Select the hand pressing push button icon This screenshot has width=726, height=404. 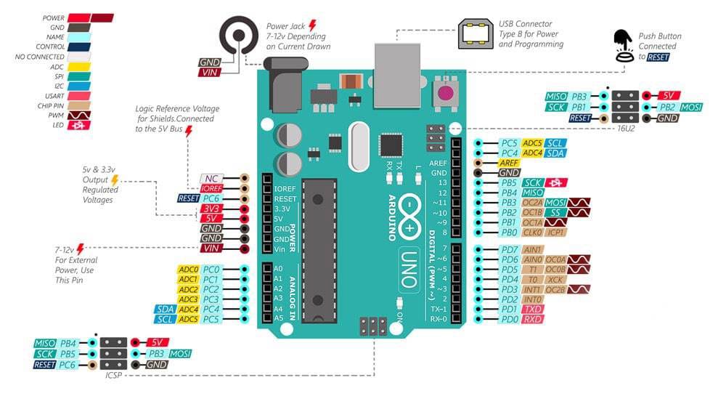[x=623, y=44]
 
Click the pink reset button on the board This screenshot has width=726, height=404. [x=444, y=92]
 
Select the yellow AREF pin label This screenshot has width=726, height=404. [x=509, y=163]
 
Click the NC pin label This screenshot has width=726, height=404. [x=210, y=177]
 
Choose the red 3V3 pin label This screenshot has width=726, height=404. [x=210, y=208]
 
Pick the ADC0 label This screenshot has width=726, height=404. [x=188, y=270]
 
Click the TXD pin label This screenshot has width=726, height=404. [x=533, y=309]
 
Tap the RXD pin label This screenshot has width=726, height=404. [x=533, y=319]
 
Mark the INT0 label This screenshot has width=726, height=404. [x=533, y=299]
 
